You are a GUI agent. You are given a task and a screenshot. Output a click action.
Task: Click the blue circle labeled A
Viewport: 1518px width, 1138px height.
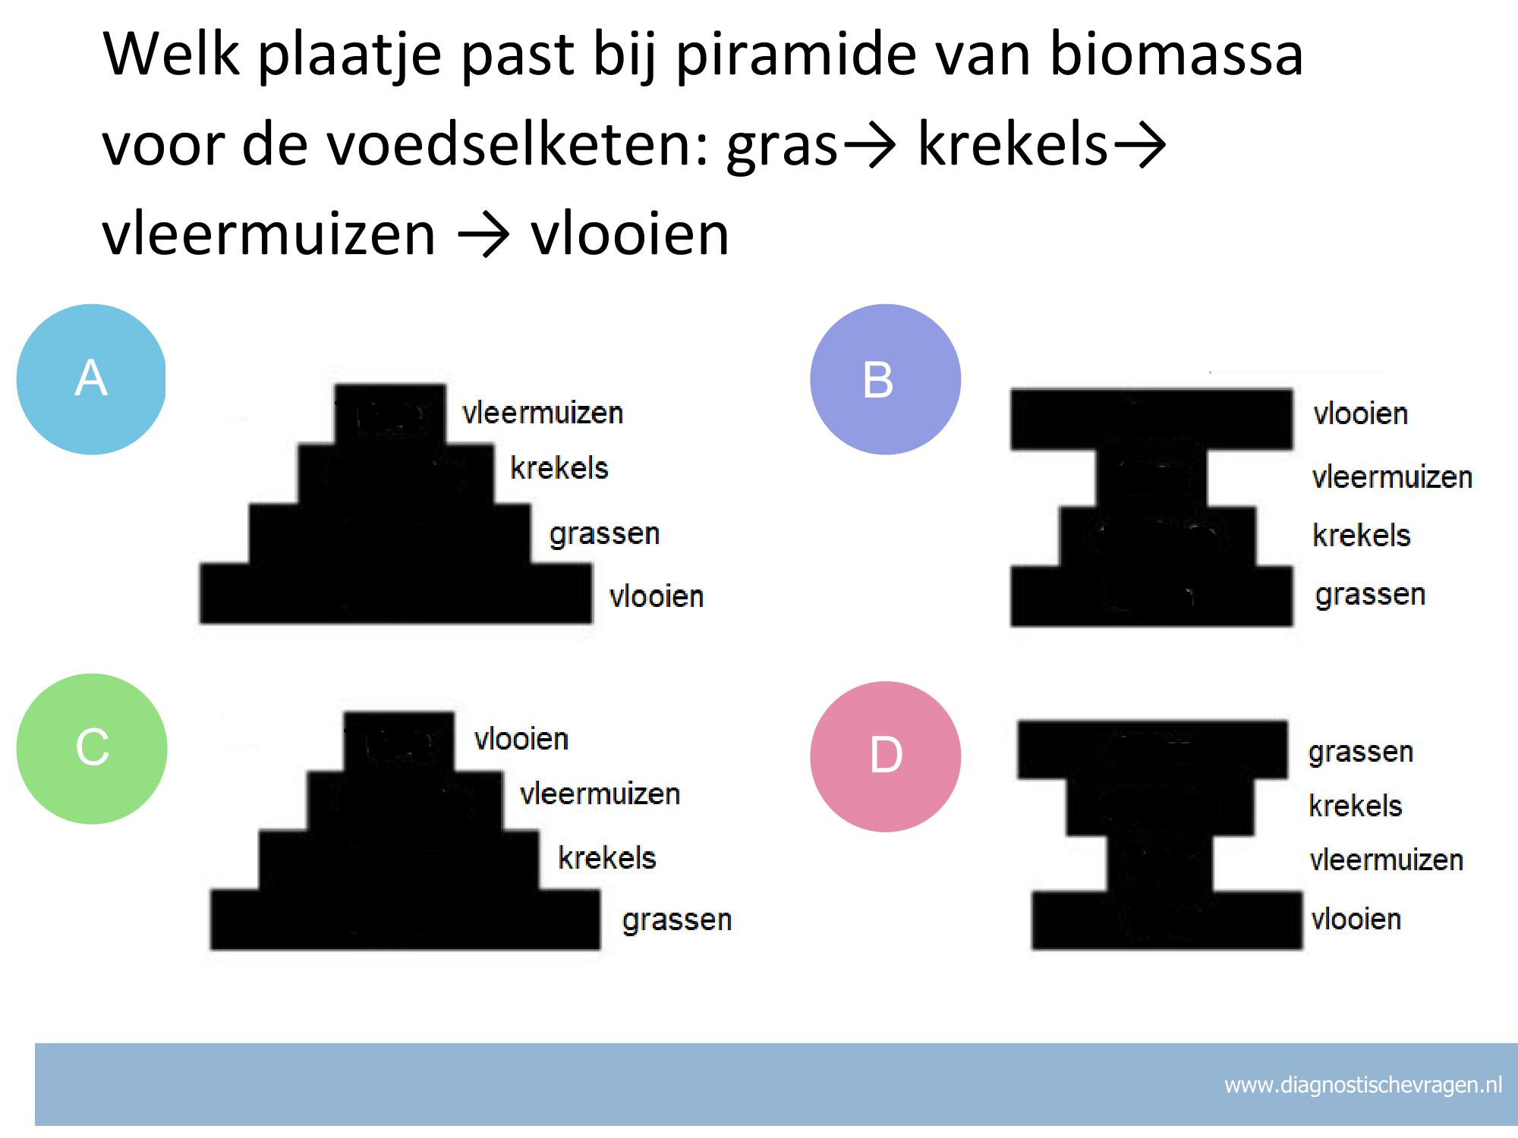coord(91,379)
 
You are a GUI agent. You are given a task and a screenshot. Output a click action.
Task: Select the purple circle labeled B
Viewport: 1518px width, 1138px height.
coord(885,379)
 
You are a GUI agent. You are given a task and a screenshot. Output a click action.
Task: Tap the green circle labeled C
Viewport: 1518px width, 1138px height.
coord(92,749)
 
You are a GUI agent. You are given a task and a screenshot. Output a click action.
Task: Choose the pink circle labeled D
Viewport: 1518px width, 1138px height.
coord(885,756)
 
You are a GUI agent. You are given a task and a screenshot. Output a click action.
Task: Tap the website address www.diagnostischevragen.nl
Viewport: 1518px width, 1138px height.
coord(1363,1085)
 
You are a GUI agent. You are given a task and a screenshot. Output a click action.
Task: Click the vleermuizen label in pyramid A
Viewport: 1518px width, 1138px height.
coord(543,413)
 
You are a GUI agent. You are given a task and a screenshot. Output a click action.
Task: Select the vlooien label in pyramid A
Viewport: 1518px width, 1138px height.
coord(657,596)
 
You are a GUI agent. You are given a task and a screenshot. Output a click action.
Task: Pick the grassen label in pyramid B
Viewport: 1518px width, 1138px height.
coord(1370,595)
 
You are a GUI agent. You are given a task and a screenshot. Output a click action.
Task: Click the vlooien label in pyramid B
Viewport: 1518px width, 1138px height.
coord(1361,414)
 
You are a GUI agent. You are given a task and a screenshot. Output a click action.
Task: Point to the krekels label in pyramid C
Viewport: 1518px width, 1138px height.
coord(607,858)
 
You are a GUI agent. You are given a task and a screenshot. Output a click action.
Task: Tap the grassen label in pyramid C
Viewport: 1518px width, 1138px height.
coord(677,920)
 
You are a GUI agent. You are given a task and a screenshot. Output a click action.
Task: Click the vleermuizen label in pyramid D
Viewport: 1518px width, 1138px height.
coord(1387,860)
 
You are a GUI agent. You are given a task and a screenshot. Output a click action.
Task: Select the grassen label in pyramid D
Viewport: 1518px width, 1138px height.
coord(1361,753)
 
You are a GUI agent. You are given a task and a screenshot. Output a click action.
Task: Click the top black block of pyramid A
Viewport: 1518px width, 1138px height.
coord(390,414)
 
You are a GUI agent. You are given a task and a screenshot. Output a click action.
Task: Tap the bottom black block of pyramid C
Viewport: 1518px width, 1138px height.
coord(405,920)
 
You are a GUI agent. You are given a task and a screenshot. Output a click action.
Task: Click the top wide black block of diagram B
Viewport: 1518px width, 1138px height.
coord(1151,419)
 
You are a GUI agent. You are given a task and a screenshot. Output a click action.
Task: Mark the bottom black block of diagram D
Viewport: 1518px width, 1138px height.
coord(1167,920)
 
